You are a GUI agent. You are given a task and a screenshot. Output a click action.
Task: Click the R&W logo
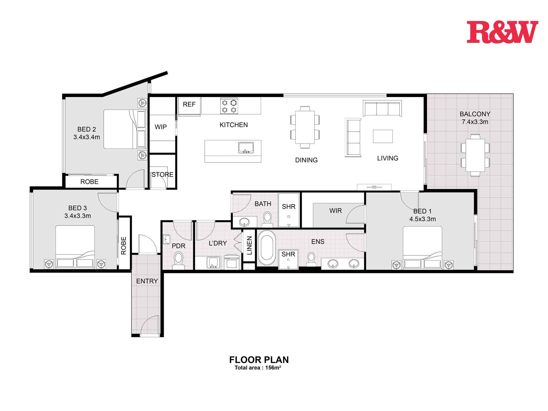502,32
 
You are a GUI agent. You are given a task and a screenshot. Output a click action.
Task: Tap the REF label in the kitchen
189,104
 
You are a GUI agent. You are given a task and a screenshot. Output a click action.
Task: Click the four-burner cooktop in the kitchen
229,106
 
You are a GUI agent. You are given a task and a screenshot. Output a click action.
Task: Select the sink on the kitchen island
246,148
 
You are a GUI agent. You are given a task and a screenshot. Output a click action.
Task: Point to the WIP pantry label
161,127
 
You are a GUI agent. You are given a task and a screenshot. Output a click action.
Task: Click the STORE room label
162,175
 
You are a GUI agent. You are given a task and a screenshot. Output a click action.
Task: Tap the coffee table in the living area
383,136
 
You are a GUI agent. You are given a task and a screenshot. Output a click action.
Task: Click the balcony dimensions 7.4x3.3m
475,122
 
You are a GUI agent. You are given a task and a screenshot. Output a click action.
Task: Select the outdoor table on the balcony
475,155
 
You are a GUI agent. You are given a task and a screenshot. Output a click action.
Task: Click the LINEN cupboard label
249,246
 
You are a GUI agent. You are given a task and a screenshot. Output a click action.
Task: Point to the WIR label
335,211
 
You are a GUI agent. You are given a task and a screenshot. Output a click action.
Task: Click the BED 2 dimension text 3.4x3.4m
87,137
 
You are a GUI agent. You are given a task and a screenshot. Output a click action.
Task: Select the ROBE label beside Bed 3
124,246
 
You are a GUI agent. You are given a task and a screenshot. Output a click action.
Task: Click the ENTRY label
147,281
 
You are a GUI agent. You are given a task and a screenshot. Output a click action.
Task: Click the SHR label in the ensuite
288,254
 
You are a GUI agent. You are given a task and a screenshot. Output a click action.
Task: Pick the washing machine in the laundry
232,262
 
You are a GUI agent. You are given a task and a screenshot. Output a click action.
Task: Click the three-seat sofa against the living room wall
382,109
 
